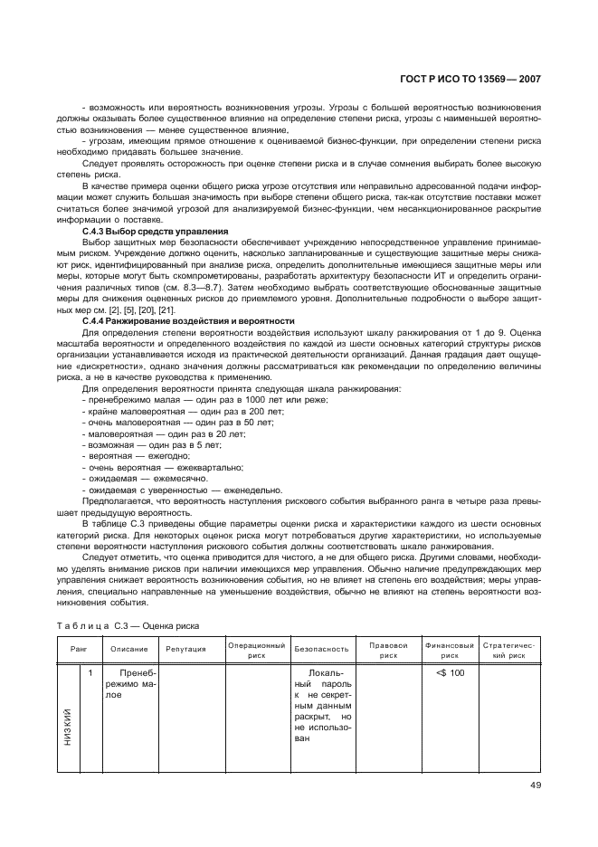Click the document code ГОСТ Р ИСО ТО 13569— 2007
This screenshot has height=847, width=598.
point(470,79)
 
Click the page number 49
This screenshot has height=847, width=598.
point(535,785)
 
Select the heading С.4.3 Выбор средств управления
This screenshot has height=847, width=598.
point(155,232)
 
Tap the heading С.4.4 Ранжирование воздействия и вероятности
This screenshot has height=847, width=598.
point(188,321)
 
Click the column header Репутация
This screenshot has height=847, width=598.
point(185,649)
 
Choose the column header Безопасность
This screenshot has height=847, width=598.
point(321,649)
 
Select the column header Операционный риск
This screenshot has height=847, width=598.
point(256,649)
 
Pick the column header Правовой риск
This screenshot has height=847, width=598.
point(389,649)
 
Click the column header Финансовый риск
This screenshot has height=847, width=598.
point(450,649)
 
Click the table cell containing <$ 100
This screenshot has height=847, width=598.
point(450,673)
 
